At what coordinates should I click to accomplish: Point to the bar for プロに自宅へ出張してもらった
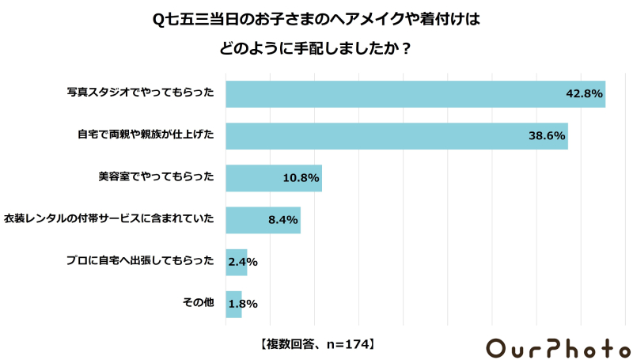[x=236, y=261]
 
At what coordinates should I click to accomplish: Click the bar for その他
[x=233, y=303]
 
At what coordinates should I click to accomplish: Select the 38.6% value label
[x=547, y=136]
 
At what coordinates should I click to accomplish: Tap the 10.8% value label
[x=301, y=178]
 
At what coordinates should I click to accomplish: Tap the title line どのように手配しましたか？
[x=316, y=47]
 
